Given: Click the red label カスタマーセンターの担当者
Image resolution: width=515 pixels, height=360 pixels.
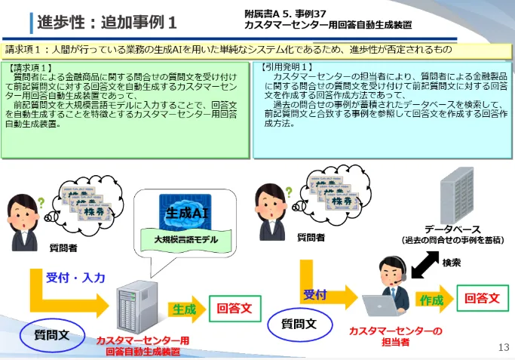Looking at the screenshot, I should click(395, 336).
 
